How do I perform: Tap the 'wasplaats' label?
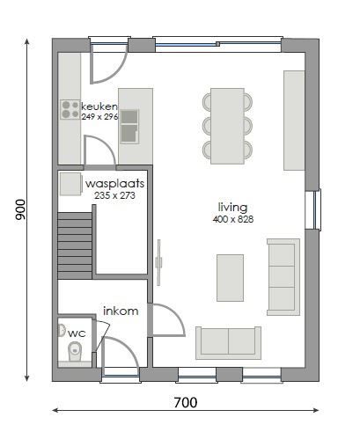114,184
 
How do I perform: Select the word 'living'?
232,208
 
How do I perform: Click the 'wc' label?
77,333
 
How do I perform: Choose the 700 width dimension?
185,404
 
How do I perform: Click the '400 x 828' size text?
232,219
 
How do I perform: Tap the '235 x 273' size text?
114,195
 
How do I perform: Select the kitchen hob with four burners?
70,109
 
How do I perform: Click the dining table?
227,125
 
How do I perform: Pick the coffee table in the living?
231,277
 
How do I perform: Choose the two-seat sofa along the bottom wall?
228,342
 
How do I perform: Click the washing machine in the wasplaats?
70,184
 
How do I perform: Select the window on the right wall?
312,209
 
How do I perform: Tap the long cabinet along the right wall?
295,121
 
